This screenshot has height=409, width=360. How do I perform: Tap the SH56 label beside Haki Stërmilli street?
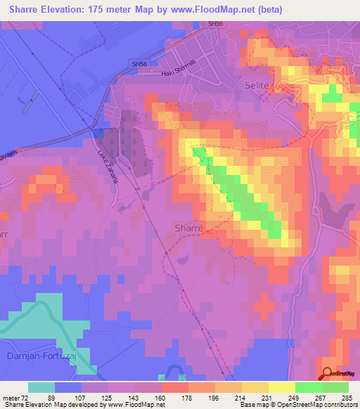click(x=139, y=64)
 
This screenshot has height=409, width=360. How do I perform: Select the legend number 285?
click(x=348, y=398)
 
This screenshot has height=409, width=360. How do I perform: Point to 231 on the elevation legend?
click(x=269, y=398)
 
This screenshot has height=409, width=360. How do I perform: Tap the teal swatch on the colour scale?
click(x=41, y=387)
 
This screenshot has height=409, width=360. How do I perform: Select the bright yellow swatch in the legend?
click(x=281, y=387)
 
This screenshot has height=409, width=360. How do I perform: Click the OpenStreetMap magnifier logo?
click(x=328, y=372)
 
